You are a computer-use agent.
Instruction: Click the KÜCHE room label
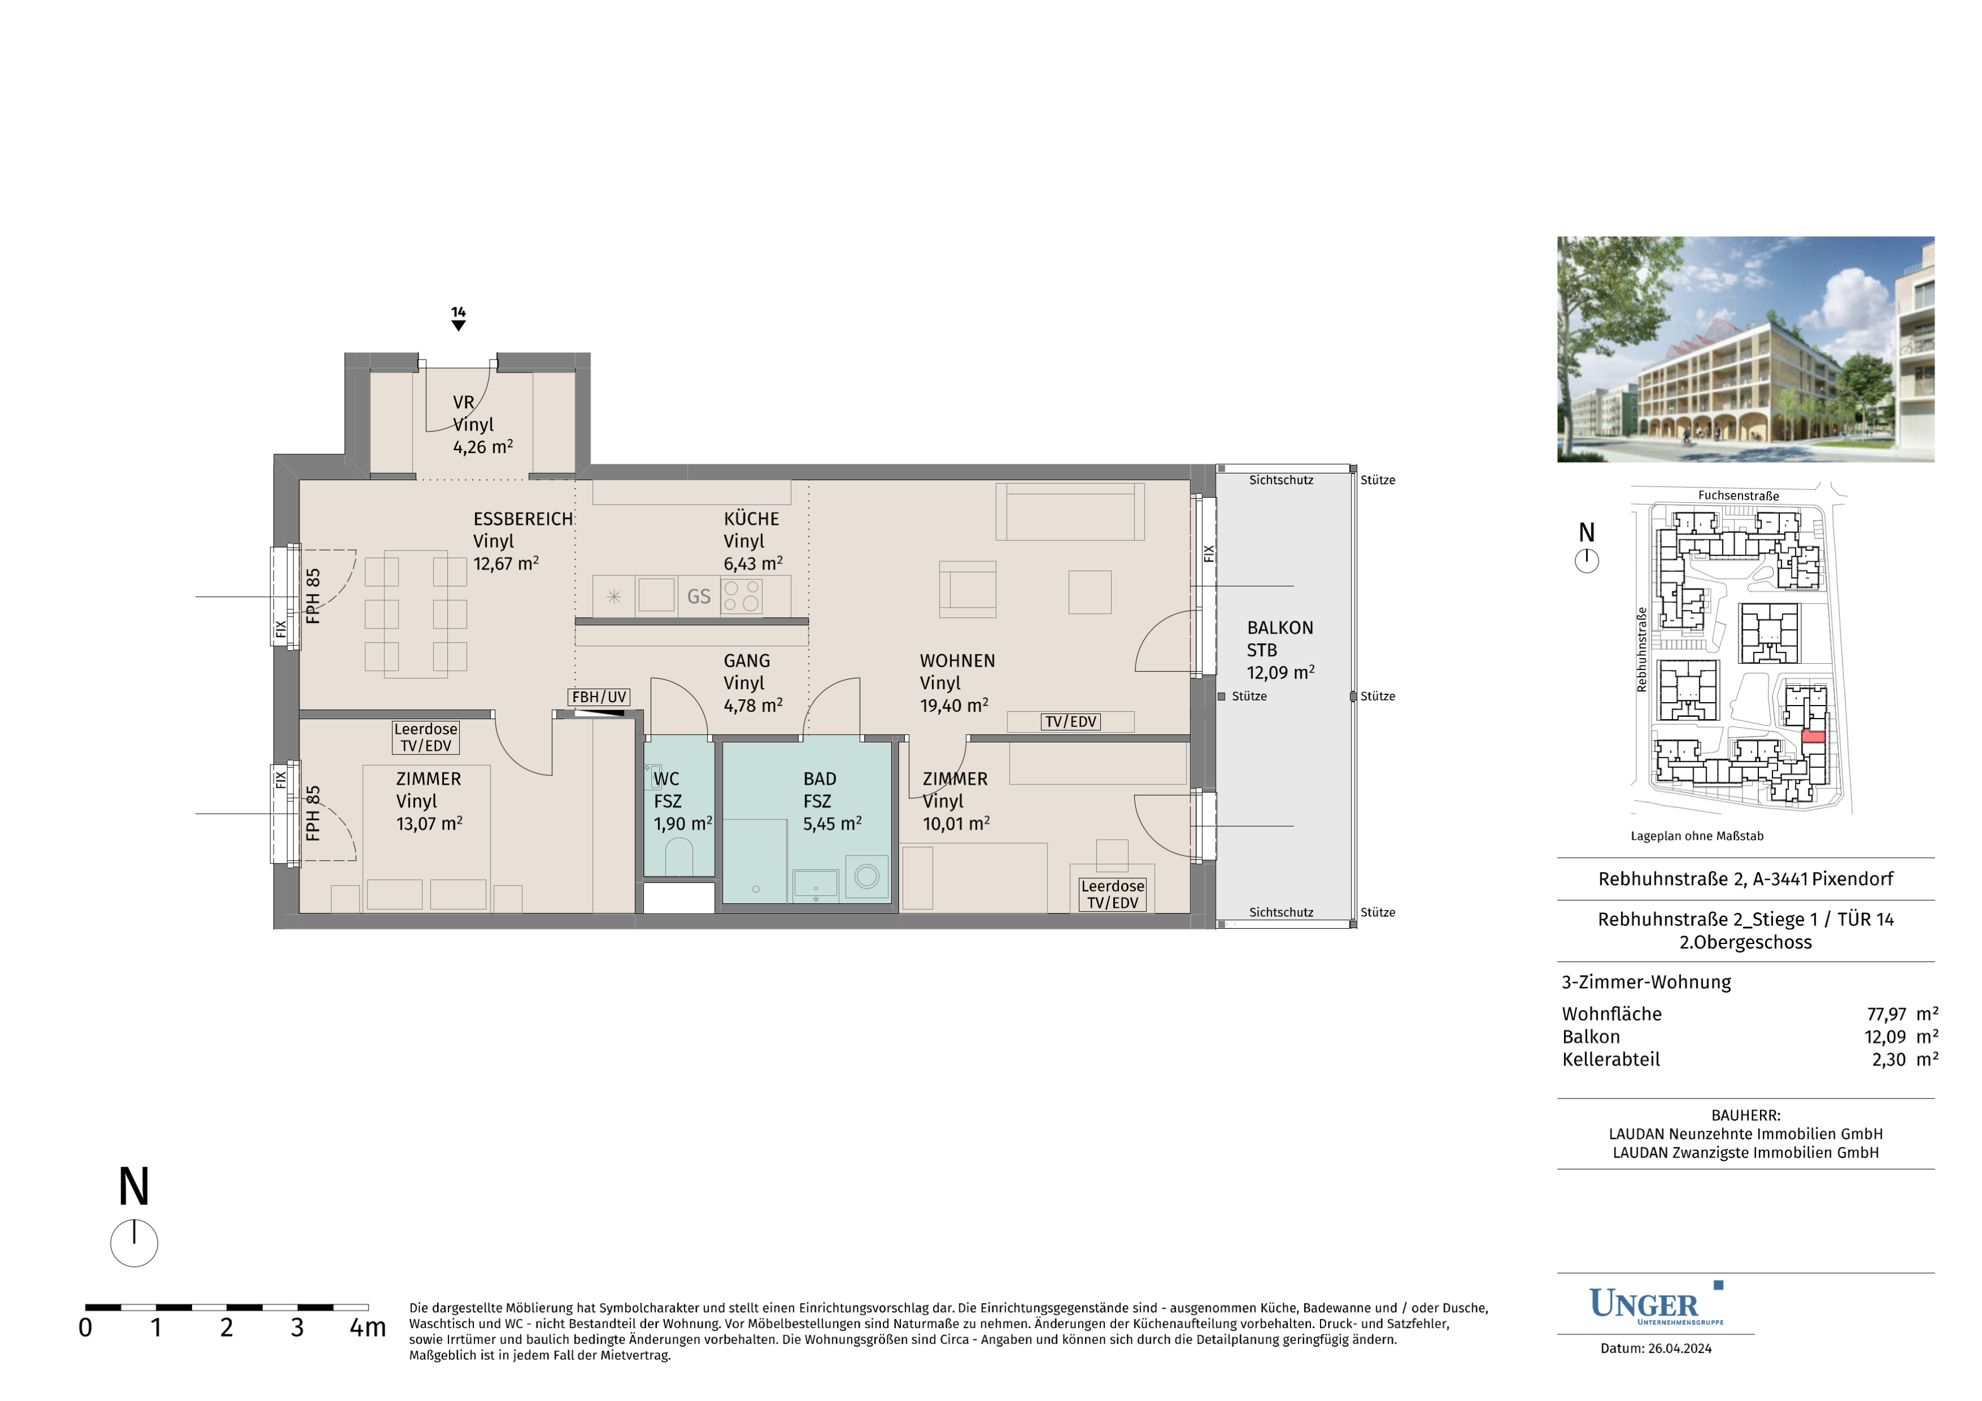click(751, 519)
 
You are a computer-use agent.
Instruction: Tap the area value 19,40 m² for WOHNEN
click(954, 705)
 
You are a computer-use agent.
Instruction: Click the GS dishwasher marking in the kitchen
click(698, 596)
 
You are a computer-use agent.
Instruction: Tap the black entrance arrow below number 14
click(458, 326)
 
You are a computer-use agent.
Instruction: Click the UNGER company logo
click(1656, 1305)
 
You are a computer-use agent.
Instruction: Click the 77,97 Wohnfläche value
click(1886, 1014)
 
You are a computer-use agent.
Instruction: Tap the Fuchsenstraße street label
click(1738, 496)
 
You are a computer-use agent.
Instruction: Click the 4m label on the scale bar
click(367, 1327)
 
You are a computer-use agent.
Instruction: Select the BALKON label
click(1280, 627)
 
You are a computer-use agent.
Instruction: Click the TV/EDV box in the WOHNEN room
click(1070, 721)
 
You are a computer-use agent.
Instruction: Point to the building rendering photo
click(1745, 349)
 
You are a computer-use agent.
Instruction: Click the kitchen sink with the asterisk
click(614, 596)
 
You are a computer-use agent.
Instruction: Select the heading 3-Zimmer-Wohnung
click(1646, 983)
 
